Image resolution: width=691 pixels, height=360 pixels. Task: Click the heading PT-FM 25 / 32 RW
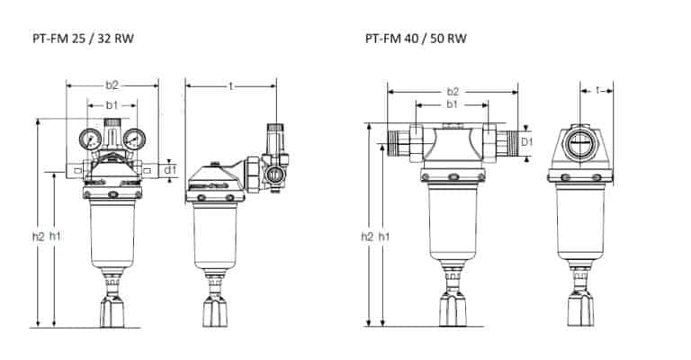[83, 39]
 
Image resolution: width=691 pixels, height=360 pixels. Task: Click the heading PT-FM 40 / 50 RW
[416, 39]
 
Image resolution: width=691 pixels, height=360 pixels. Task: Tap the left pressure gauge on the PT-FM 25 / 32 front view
[90, 139]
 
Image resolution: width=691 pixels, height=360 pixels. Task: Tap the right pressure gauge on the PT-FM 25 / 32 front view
[134, 139]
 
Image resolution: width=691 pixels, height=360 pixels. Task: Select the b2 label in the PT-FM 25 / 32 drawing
[112, 85]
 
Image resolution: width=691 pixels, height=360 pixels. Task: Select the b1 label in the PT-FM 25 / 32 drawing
[112, 105]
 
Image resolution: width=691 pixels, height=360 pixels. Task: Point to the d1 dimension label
[170, 169]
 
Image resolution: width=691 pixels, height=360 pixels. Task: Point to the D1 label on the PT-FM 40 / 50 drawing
[526, 142]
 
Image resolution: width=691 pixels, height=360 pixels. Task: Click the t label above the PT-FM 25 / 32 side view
[230, 85]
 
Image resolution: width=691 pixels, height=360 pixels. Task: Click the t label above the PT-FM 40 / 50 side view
[597, 91]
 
